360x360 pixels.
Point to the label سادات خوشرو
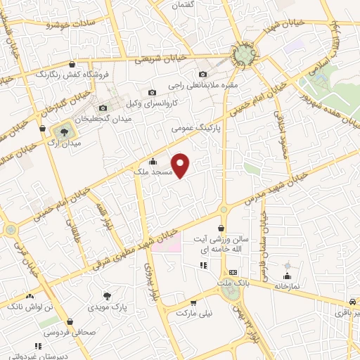pos(70,25)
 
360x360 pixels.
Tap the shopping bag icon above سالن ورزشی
pos(222,228)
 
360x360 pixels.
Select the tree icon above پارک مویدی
pos(107,296)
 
